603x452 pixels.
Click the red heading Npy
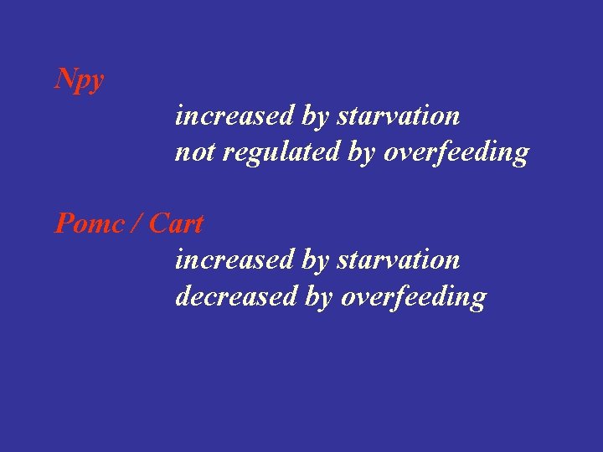point(80,80)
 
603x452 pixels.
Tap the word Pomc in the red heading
point(87,224)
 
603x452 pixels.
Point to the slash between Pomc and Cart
point(137,224)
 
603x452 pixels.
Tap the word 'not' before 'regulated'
point(192,152)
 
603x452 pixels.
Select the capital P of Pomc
point(64,224)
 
